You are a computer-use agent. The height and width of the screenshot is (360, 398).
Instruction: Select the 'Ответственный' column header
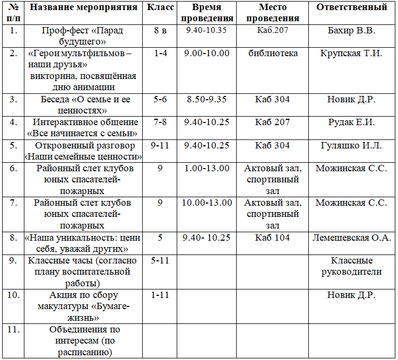pyautogui.click(x=351, y=7)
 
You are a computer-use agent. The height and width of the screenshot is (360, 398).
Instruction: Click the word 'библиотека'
pyautogui.click(x=273, y=53)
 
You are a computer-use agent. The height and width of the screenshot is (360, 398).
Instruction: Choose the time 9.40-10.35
pyautogui.click(x=206, y=30)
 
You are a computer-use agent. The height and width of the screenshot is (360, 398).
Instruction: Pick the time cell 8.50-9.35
pyautogui.click(x=206, y=99)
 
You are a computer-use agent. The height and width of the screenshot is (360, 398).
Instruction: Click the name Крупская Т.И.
pyautogui.click(x=351, y=53)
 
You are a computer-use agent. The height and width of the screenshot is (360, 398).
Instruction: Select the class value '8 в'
pyautogui.click(x=160, y=30)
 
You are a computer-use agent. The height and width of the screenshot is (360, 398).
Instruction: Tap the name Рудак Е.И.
pyautogui.click(x=351, y=122)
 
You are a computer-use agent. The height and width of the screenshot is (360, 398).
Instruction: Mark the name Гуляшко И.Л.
pyautogui.click(x=351, y=145)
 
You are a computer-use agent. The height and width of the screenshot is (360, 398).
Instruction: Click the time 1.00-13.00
pyautogui.click(x=206, y=169)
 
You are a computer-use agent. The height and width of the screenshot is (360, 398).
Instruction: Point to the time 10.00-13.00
pyautogui.click(x=206, y=203)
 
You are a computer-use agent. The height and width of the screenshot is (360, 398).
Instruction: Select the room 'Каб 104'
pyautogui.click(x=273, y=238)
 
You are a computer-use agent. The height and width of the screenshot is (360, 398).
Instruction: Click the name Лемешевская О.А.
pyautogui.click(x=351, y=238)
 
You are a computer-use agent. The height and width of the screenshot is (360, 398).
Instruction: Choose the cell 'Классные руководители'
pyautogui.click(x=351, y=266)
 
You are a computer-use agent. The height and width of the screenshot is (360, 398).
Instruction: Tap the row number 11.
pyautogui.click(x=14, y=329)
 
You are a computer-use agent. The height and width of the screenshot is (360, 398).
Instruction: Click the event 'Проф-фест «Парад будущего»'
pyautogui.click(x=82, y=35)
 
